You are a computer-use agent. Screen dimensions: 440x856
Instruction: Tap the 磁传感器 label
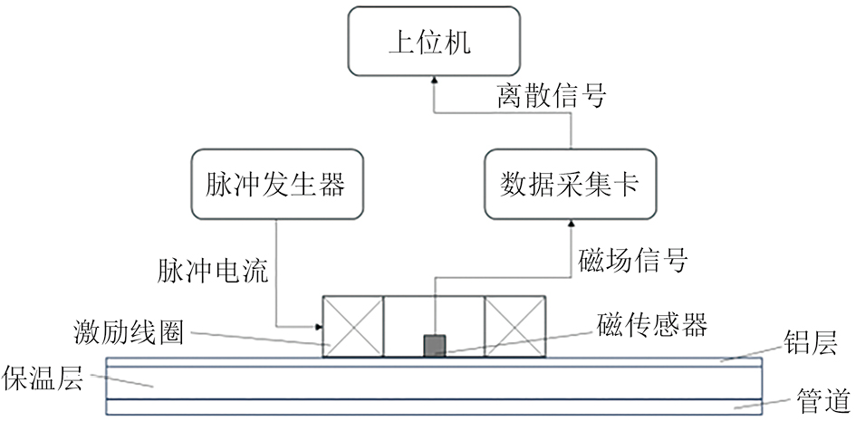coord(652,325)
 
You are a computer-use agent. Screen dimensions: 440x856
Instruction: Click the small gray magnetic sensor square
coord(436,345)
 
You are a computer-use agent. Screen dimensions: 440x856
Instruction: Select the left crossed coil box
coord(353,325)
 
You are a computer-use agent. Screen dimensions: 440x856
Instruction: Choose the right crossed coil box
coord(515,325)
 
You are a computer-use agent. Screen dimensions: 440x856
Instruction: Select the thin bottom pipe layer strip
coord(435,407)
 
